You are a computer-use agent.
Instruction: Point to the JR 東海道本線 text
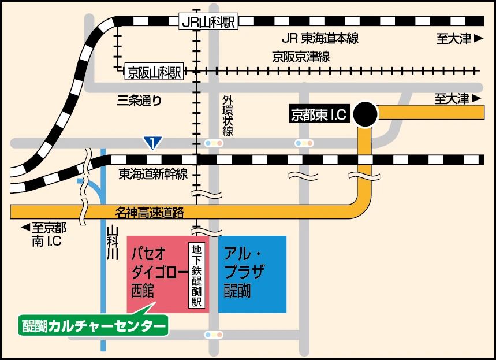(320, 39)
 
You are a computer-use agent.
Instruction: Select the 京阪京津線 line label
(301, 57)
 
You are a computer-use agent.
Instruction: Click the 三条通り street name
(139, 101)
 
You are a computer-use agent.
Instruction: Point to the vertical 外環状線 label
(227, 116)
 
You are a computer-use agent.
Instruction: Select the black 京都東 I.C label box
(318, 114)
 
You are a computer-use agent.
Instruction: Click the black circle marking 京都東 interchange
(366, 114)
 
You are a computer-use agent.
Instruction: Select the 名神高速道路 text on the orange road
(150, 212)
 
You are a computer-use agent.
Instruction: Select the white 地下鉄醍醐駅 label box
(197, 276)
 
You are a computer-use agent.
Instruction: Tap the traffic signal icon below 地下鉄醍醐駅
(214, 335)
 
